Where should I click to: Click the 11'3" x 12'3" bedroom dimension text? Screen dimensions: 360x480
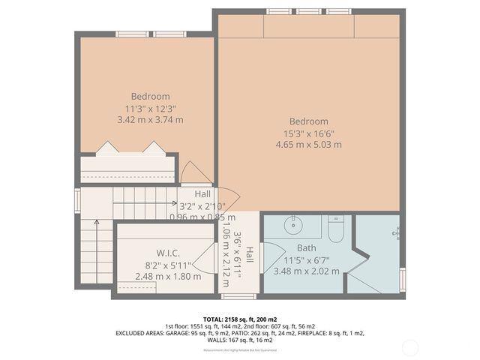pos(151,107)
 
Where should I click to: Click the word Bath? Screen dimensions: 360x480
pos(306,248)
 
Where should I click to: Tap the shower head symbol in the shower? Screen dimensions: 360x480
pos(396,233)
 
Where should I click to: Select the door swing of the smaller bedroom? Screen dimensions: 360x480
pos(195,174)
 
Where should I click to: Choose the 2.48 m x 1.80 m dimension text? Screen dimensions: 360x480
pos(167,276)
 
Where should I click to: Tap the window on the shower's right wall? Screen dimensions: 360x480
pos(403,278)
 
